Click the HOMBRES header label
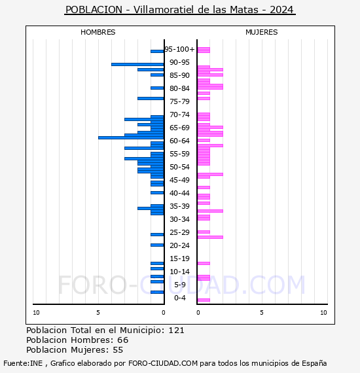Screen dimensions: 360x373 tap(98, 32)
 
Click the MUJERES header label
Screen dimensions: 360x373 tap(262, 32)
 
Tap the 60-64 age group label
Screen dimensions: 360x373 tap(179, 141)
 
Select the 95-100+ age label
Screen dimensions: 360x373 tap(179, 49)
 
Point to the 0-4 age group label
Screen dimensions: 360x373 tap(179, 298)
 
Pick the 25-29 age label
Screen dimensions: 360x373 tap(179, 232)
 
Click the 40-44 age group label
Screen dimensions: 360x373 tap(179, 193)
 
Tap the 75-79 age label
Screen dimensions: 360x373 tap(179, 101)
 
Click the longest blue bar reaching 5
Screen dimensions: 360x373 tap(131, 137)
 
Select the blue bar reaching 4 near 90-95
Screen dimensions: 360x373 tap(137, 65)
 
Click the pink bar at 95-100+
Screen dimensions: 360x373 tap(204, 50)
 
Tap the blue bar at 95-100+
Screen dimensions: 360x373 tap(157, 52)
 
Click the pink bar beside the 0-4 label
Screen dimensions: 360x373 tap(204, 300)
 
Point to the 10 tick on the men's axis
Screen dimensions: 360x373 tap(36, 313)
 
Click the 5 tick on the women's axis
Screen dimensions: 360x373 tap(262, 313)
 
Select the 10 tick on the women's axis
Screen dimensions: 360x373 tap(323, 313)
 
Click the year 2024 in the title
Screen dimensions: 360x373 tap(281, 10)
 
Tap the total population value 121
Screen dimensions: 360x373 tap(176, 330)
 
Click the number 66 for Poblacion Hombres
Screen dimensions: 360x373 tap(123, 340)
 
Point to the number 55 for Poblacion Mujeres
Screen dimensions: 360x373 tap(118, 350)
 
